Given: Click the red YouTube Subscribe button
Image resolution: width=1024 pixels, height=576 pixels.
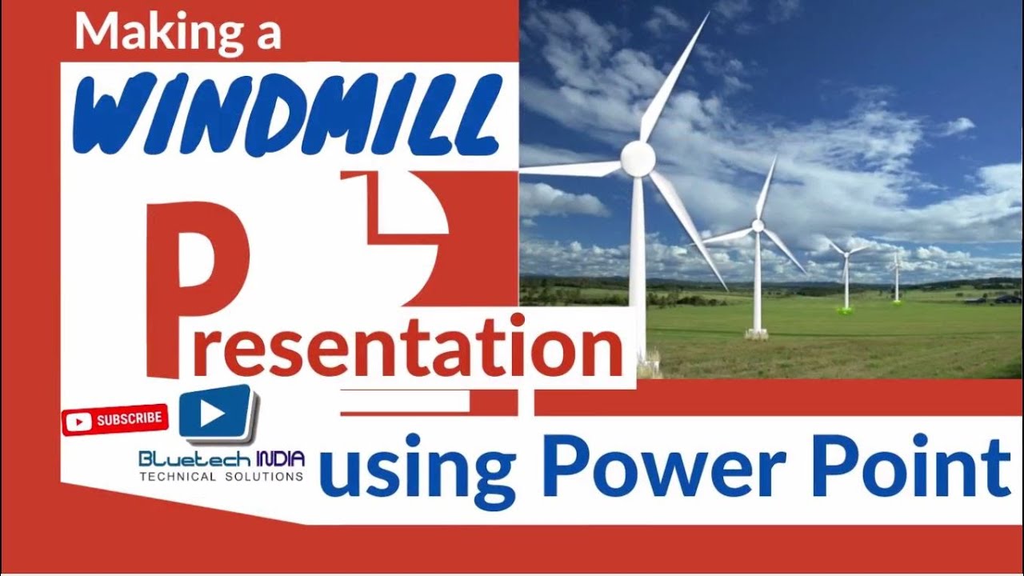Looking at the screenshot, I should pyautogui.click(x=114, y=419).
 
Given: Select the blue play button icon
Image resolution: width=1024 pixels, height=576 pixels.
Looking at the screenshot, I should pyautogui.click(x=214, y=413).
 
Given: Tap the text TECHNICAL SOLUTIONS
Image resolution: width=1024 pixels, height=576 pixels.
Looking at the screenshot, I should pyautogui.click(x=222, y=477).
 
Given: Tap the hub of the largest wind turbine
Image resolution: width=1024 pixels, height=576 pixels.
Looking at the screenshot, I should pyautogui.click(x=638, y=159).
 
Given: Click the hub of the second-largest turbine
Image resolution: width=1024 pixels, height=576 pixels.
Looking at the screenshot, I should pyautogui.click(x=757, y=226).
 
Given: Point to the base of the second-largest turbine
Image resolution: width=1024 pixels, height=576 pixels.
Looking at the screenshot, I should pyautogui.click(x=757, y=333).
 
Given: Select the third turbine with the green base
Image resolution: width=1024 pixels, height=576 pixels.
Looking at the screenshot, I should pyautogui.click(x=846, y=276).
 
